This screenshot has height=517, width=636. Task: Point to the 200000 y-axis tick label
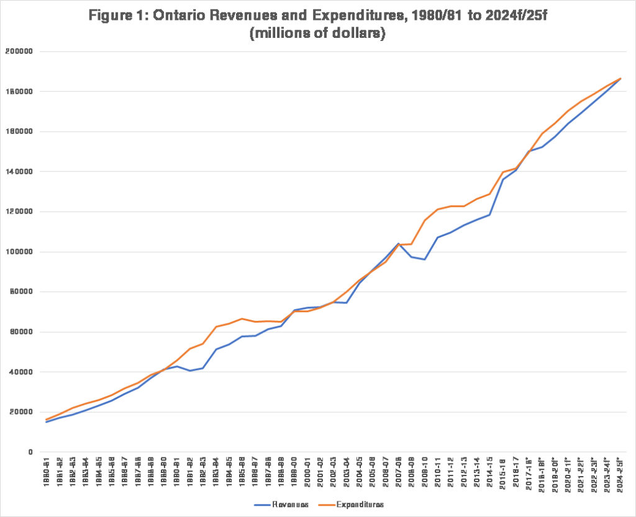(23, 52)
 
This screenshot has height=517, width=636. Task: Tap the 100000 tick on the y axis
(23, 252)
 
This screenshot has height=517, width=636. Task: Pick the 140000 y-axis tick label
(23, 172)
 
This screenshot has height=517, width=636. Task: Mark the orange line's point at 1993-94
(216, 326)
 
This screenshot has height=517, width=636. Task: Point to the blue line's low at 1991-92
(190, 371)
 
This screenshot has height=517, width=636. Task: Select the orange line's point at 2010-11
(438, 209)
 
